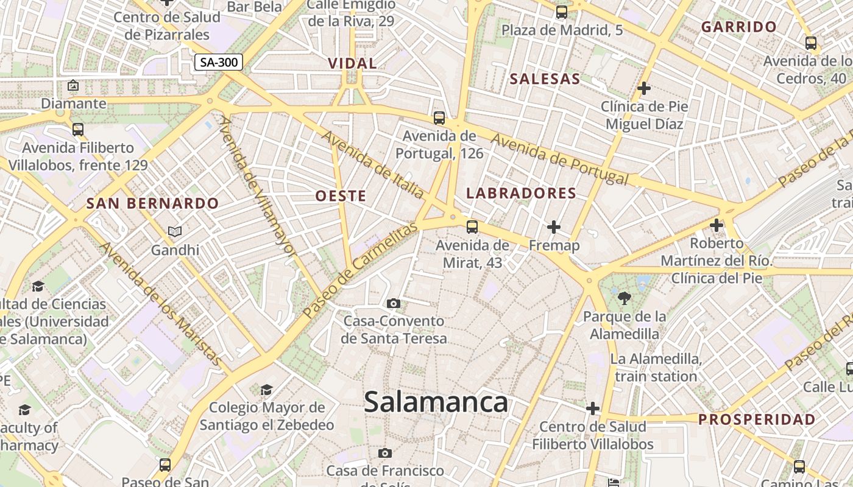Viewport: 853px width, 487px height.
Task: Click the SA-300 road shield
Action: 219,61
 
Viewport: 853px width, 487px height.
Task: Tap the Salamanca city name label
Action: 436,402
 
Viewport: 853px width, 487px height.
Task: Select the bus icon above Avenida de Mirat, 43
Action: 472,227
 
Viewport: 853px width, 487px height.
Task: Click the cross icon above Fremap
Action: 554,227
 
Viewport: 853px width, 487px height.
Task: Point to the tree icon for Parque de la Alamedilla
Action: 624,298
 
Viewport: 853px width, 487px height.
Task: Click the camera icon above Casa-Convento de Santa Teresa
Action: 394,303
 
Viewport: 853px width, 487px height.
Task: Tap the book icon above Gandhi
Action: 175,231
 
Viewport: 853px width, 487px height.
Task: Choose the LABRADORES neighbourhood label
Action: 521,193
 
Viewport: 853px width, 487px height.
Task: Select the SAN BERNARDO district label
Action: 152,203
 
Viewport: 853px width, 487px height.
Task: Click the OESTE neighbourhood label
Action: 341,195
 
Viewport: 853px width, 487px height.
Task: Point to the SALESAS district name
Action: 545,79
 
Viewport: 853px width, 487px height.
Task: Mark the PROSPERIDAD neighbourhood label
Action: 757,419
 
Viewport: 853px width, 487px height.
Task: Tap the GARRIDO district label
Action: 738,27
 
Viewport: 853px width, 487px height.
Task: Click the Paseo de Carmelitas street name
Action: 361,270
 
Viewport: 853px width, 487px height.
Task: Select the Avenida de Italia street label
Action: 373,165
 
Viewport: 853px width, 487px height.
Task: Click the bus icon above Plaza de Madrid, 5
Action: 562,12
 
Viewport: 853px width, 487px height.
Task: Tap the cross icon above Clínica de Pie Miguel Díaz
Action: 644,88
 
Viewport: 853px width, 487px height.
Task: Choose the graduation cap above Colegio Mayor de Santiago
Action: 266,389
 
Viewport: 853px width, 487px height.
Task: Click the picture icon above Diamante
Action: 74,85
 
